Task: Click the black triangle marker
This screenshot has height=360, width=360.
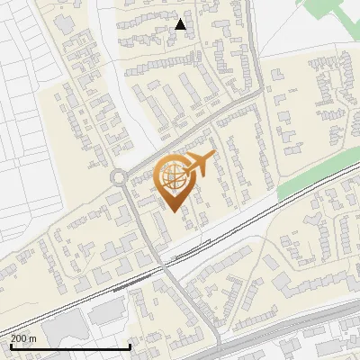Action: click(x=181, y=24)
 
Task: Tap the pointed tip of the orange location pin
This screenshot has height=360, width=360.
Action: click(x=175, y=212)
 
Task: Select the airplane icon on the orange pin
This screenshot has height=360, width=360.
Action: click(x=199, y=165)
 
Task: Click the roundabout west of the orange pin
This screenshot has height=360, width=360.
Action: click(x=118, y=177)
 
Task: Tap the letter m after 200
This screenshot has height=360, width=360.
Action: click(x=32, y=338)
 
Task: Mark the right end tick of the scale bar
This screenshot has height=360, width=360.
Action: click(x=130, y=345)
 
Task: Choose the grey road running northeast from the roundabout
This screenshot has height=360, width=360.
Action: click(x=180, y=135)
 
